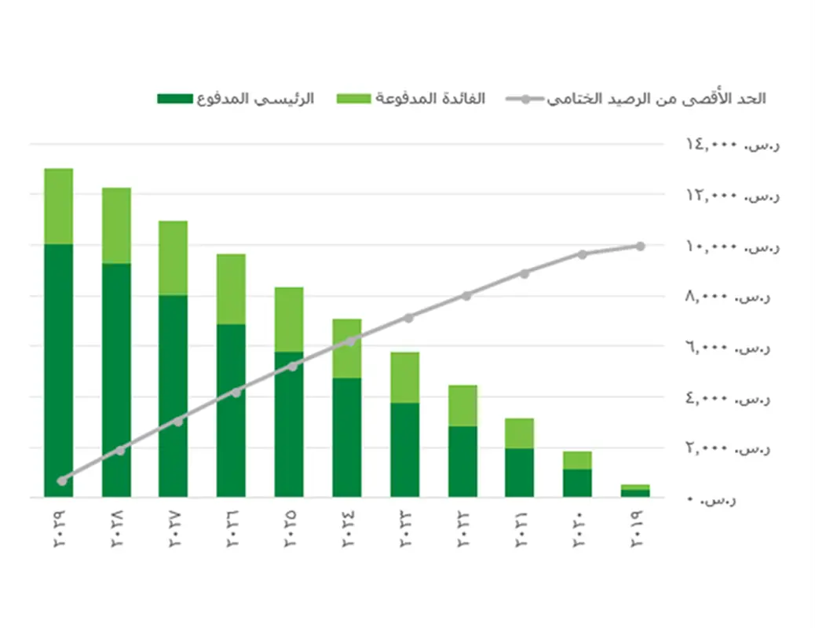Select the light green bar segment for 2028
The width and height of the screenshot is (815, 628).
(116, 225)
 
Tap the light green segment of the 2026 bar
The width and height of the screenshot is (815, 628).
(231, 289)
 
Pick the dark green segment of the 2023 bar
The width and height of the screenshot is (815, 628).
(405, 449)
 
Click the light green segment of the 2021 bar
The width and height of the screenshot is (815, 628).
(520, 433)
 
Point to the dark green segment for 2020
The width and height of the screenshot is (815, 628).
(577, 483)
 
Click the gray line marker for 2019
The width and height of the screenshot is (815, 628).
(640, 246)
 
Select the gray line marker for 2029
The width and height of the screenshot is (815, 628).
(62, 480)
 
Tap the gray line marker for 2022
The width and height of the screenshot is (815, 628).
(466, 295)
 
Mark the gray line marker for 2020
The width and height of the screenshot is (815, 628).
(583, 254)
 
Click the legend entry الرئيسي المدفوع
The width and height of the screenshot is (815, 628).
(236, 99)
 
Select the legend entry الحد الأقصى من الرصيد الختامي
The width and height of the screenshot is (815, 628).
(636, 99)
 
